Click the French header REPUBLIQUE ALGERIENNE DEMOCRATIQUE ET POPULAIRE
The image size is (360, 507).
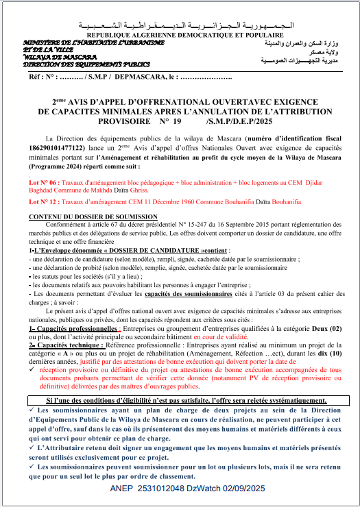(x=180, y=33)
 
